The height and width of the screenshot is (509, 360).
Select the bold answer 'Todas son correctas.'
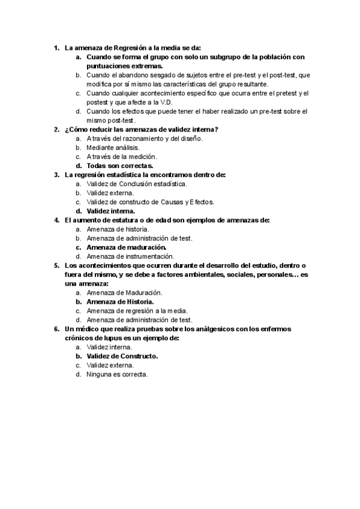[x=120, y=166]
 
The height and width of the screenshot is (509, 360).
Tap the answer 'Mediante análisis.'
[x=113, y=147]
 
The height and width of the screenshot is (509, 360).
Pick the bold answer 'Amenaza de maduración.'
[x=126, y=247]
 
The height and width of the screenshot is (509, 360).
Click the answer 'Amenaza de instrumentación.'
[x=134, y=256]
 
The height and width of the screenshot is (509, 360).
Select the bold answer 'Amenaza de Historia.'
[x=120, y=301]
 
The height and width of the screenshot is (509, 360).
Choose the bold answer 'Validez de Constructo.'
[x=122, y=356]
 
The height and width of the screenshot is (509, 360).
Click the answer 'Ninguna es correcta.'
[x=117, y=374]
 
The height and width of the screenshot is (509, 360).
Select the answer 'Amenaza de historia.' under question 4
[x=118, y=229]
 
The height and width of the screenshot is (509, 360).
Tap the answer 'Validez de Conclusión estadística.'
[x=136, y=184]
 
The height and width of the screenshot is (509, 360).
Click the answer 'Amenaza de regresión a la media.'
[x=137, y=311]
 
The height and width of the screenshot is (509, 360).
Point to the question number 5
[x=56, y=265]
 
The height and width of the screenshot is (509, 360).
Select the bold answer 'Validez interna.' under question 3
[x=111, y=211]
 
